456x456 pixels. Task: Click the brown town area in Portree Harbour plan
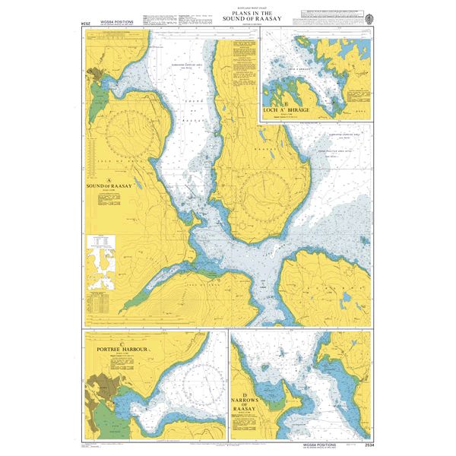click(103, 388)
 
